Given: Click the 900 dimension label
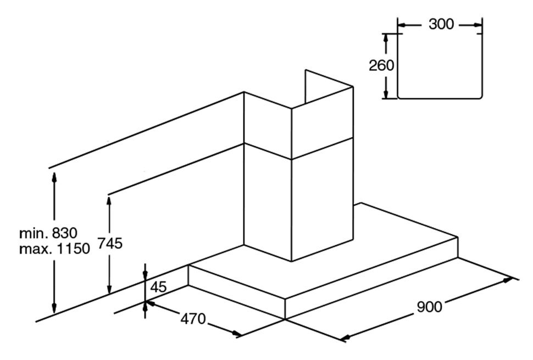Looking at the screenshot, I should (x=429, y=307).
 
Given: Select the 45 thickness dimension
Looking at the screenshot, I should (x=159, y=287).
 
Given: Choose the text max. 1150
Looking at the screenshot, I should (x=54, y=249).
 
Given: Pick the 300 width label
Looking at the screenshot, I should (x=441, y=24).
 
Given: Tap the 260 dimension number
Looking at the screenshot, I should (x=381, y=65).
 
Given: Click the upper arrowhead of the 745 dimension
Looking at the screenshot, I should (x=109, y=201).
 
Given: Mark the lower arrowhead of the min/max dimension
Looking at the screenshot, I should (x=54, y=310).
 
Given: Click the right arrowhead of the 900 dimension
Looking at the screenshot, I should (x=510, y=280).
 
